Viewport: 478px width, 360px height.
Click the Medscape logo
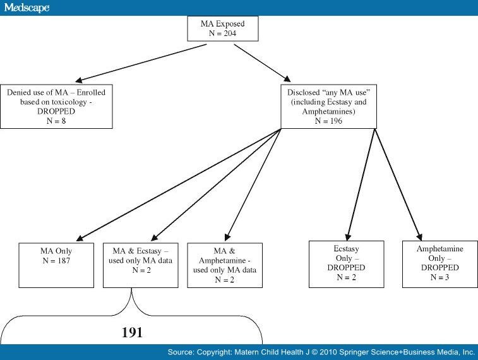(25, 8)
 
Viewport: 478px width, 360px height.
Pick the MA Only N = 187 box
(56, 264)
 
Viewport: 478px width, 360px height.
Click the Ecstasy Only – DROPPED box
(345, 264)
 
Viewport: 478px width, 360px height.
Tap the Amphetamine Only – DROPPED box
(439, 263)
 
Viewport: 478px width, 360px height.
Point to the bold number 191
(133, 331)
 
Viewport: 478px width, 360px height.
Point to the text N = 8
(56, 121)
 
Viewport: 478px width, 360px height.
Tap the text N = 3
(439, 277)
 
